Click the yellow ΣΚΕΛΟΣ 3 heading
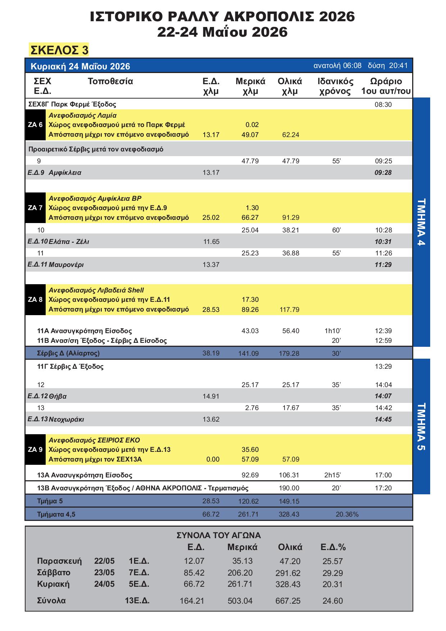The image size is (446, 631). (x=59, y=50)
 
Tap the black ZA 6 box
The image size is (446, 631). (x=35, y=125)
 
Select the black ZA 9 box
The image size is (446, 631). (x=35, y=449)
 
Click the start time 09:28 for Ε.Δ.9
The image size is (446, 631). (x=383, y=173)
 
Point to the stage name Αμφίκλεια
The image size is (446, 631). (x=65, y=173)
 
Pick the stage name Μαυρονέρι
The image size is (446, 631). (x=66, y=265)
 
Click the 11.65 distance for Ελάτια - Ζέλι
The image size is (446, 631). (x=211, y=242)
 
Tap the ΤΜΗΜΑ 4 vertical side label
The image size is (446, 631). (x=422, y=222)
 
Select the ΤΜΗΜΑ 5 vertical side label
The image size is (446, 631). (x=422, y=426)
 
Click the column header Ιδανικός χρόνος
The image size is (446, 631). (x=336, y=86)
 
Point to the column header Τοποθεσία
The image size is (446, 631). (x=110, y=81)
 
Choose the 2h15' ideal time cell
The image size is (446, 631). (x=332, y=475)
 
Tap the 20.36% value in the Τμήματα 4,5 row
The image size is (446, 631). (x=347, y=514)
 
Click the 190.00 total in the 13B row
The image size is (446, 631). (x=289, y=488)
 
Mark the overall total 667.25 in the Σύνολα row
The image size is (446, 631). (x=288, y=601)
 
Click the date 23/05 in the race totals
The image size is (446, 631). (x=104, y=573)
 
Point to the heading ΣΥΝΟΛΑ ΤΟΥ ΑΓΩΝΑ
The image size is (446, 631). (x=219, y=535)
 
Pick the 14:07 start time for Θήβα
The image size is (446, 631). (x=383, y=396)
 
